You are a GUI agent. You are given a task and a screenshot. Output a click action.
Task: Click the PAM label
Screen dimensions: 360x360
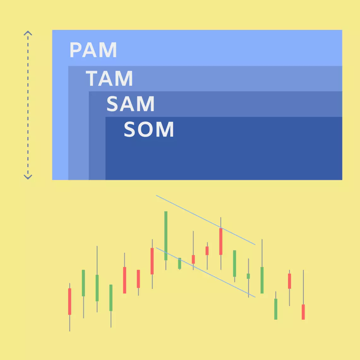93,50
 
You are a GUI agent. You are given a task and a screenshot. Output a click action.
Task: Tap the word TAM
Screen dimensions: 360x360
109,78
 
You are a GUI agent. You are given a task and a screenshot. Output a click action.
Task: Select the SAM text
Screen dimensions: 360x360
130,104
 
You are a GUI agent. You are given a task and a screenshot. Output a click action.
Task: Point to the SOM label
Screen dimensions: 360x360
149,129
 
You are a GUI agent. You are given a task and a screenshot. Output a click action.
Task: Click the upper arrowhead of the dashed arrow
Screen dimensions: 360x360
28,33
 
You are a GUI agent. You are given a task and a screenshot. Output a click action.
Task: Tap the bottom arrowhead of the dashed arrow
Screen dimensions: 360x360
28,177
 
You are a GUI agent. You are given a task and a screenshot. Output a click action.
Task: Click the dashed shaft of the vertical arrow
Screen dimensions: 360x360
28,104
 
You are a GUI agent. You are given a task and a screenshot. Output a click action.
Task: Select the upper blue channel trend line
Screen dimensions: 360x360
205,220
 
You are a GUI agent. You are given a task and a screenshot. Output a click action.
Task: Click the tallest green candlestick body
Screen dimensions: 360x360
166,236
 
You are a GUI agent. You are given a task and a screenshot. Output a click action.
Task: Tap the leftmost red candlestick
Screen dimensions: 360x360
69,301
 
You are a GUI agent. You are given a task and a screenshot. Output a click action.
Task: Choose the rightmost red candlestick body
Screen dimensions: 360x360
303,312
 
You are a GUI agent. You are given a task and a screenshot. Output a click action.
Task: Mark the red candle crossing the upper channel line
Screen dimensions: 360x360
221,241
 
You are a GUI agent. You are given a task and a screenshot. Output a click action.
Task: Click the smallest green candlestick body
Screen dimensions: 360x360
248,276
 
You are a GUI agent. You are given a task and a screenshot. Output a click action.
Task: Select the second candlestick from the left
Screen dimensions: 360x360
83,283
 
